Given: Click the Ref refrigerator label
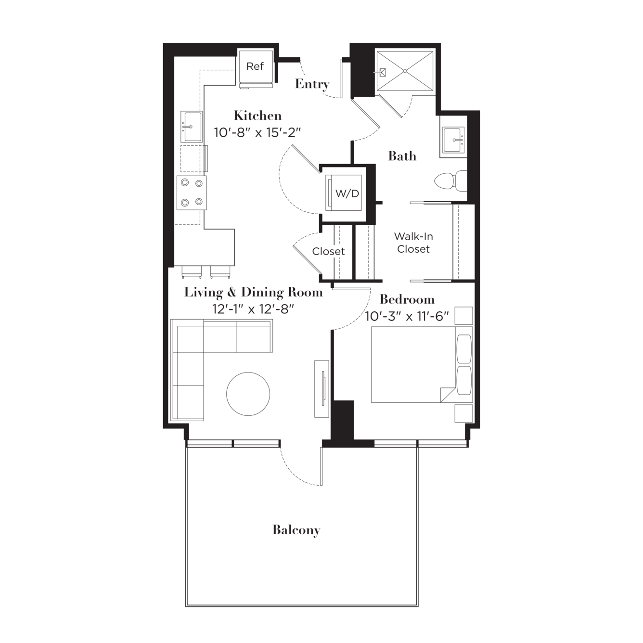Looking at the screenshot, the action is tap(255, 66).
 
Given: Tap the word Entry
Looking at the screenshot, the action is tap(312, 84).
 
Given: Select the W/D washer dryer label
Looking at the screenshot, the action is tap(347, 193).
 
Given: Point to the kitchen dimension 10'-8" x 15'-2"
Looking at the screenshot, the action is tap(257, 133).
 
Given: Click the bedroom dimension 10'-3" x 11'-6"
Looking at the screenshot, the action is tap(407, 316).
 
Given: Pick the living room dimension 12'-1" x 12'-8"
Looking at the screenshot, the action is tap(253, 309).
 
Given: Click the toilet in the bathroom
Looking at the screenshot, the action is tap(451, 181).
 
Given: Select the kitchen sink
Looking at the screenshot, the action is tap(192, 127).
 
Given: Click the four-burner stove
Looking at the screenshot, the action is tap(192, 193).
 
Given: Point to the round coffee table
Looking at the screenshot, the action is tap(248, 394).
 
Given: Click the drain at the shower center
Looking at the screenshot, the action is tap(405, 71).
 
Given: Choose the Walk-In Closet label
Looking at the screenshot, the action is tap(413, 243).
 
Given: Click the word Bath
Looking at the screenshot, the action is tap(402, 156).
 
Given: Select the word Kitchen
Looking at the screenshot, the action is tap(257, 116).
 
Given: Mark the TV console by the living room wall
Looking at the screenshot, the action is tap(322, 388).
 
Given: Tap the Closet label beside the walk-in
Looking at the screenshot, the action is tap(328, 251).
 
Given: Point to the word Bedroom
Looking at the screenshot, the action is tap(407, 299).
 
